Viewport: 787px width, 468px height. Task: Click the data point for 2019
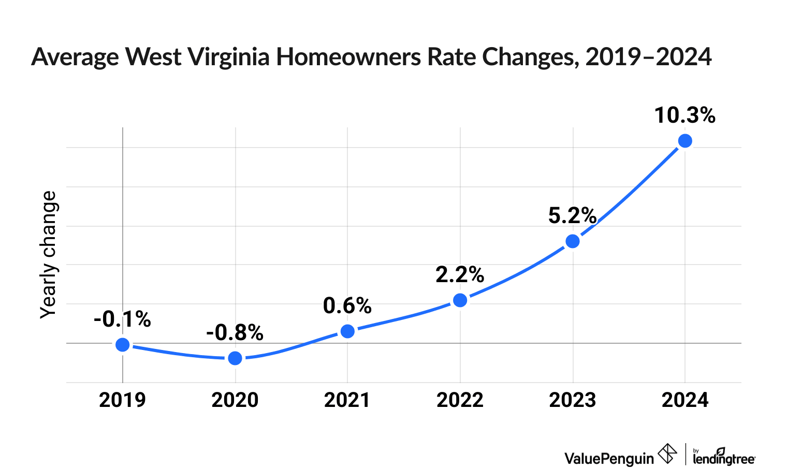coord(122,345)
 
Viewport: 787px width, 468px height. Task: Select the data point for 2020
coord(235,358)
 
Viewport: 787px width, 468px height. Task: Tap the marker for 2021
coord(348,331)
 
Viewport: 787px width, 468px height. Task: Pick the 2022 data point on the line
coord(460,300)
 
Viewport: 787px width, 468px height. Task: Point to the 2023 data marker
coord(573,241)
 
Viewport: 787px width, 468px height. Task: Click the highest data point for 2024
coord(685,141)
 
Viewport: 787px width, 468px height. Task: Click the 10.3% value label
coord(684,115)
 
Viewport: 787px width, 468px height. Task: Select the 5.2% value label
coord(572,216)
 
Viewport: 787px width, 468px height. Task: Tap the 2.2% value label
coord(460,275)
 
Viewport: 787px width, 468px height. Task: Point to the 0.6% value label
coord(347,306)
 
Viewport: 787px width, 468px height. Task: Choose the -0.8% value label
coord(235,333)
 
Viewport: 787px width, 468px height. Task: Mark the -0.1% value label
coord(122,319)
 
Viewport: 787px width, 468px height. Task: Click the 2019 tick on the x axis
coord(122,400)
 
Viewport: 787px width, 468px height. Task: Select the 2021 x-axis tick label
coord(347,400)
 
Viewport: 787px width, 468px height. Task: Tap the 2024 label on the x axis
coord(685,400)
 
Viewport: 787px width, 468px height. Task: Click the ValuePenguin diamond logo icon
coord(667,454)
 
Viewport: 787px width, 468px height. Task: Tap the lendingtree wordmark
coord(724,458)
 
